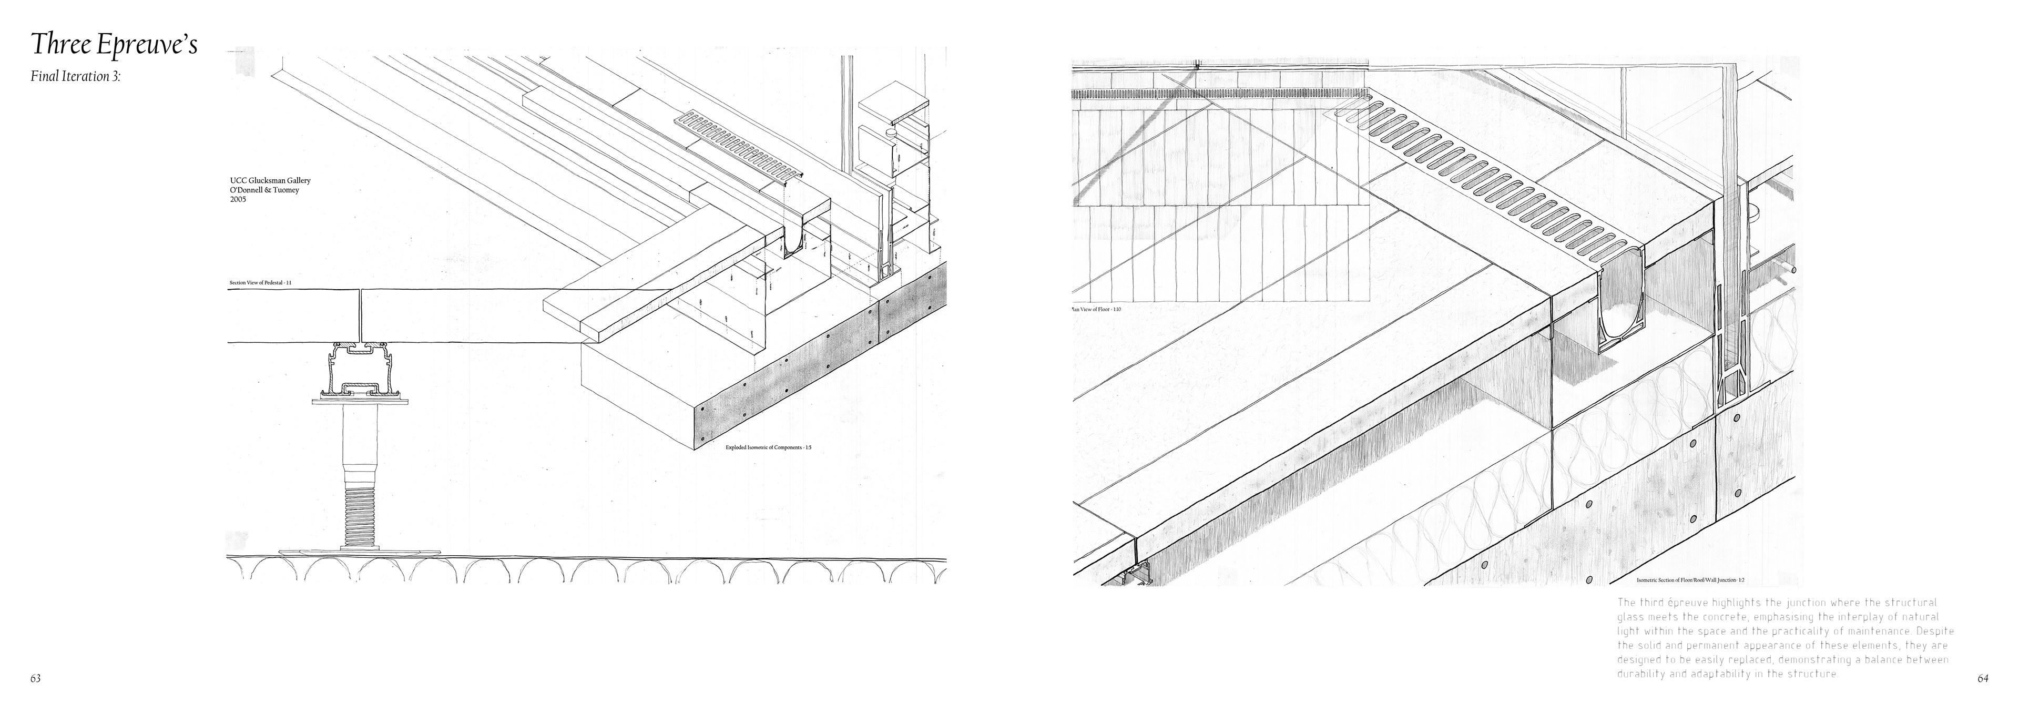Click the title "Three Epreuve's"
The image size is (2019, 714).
click(x=114, y=45)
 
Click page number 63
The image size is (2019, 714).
click(x=35, y=679)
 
